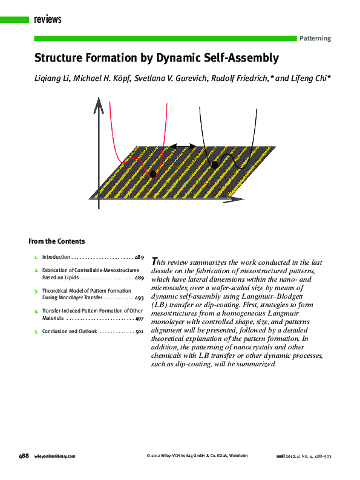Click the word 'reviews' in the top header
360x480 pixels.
click(48, 20)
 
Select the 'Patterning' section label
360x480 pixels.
click(315, 38)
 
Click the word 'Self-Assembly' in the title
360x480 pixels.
click(240, 58)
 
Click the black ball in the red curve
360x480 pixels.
click(152, 174)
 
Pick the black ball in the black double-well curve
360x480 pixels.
click(214, 164)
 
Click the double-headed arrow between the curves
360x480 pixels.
click(182, 146)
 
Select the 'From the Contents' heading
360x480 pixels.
click(57, 241)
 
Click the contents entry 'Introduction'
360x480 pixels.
click(56, 257)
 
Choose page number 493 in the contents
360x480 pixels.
click(139, 298)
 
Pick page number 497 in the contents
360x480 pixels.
click(139, 318)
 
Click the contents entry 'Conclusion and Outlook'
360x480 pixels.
click(69, 331)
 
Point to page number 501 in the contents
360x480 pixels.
click(139, 331)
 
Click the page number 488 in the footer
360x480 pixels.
click(24, 456)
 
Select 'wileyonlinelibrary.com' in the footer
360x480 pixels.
click(55, 456)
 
